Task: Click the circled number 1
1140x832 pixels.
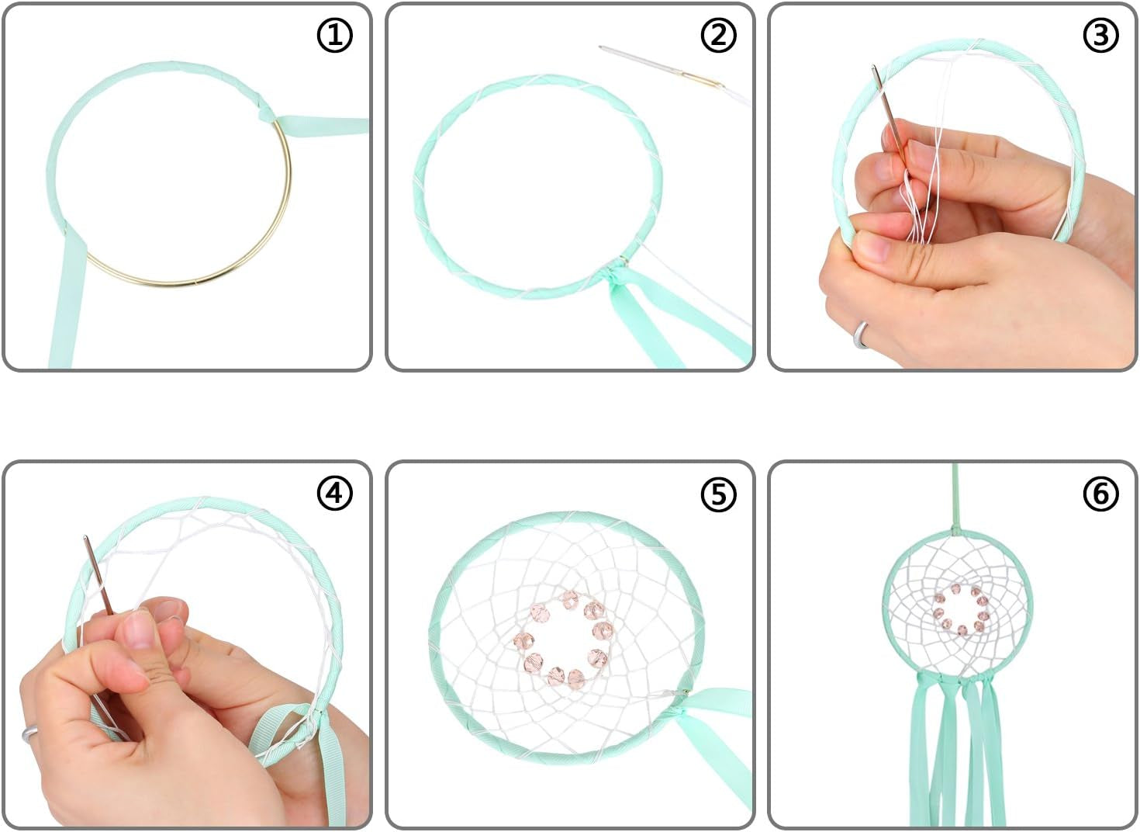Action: [x=334, y=35]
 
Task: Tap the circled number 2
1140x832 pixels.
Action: [x=718, y=35]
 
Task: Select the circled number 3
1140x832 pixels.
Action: [x=1100, y=35]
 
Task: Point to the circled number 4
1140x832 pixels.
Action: [x=334, y=493]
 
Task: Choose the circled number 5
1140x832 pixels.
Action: [x=718, y=493]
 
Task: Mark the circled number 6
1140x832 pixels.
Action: [x=1100, y=493]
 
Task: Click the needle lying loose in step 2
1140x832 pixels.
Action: [x=661, y=66]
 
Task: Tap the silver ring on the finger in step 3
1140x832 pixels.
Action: [x=861, y=335]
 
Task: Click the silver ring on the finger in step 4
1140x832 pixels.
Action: [x=29, y=733]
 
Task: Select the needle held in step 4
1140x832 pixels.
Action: [x=98, y=575]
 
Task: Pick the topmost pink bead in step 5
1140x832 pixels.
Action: [x=571, y=600]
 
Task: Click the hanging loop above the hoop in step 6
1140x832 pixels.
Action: [x=955, y=499]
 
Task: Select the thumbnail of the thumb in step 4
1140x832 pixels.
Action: [x=136, y=629]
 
